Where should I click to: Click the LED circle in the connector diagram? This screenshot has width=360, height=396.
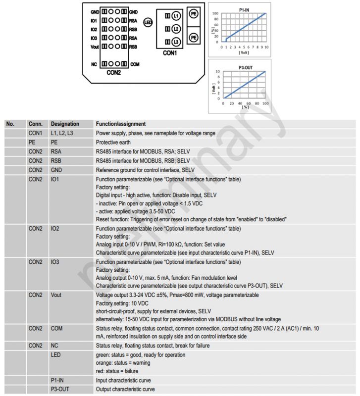[x=147, y=22]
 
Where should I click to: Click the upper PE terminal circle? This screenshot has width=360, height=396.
[x=194, y=14]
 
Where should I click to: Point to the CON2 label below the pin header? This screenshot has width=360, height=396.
[x=113, y=72]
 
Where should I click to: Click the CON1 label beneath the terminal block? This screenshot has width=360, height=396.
[x=169, y=53]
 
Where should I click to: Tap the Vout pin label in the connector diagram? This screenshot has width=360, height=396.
[x=95, y=47]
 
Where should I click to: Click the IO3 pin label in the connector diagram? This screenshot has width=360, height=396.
[x=94, y=38]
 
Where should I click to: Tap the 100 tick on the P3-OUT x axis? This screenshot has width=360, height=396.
[x=265, y=103]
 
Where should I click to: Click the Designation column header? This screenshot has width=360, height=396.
[x=65, y=124]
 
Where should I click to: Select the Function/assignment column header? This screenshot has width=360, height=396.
[x=121, y=124]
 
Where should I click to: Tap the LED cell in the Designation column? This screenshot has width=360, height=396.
[x=55, y=355]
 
